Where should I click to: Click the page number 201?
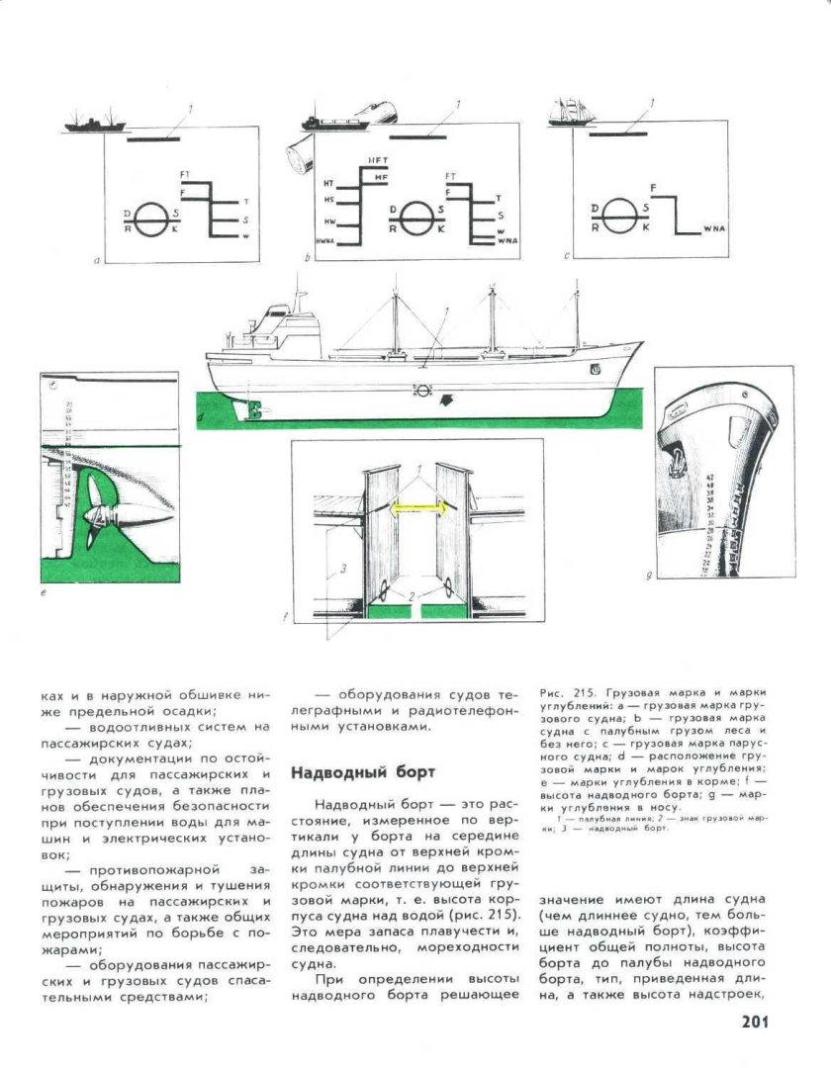754,1023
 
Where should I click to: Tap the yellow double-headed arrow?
418,508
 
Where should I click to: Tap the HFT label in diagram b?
378,160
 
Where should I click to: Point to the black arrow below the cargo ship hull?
445,400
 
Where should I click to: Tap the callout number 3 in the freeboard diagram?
342,569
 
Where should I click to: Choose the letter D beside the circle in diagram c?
594,209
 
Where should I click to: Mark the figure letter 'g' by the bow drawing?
648,574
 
